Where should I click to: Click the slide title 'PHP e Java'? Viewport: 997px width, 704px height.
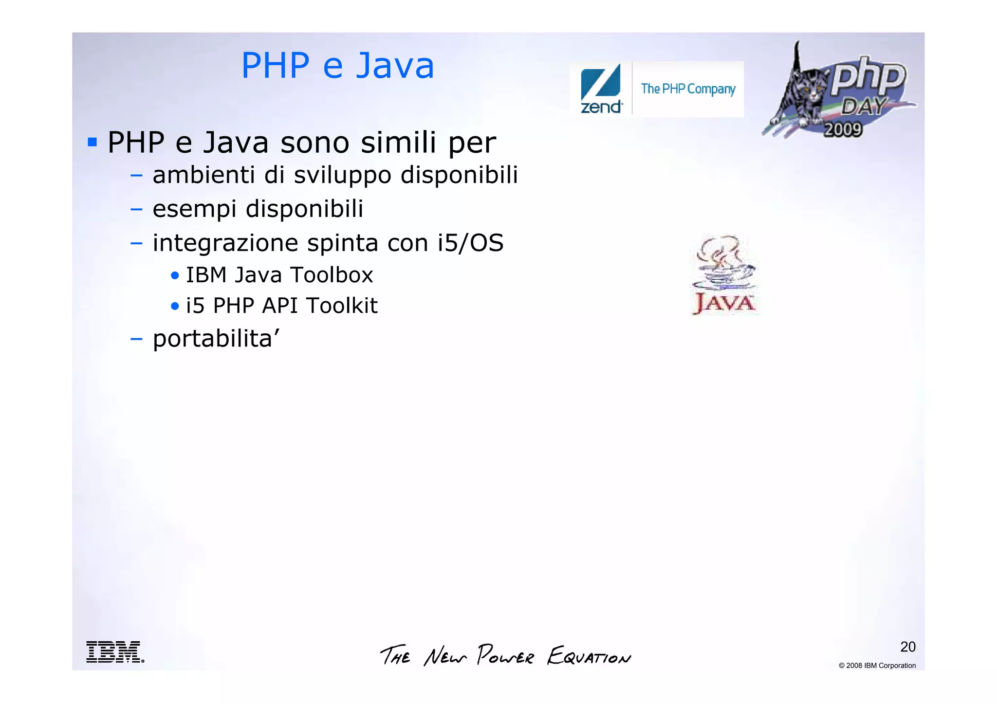[337, 66]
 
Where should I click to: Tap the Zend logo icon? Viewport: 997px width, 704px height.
[601, 88]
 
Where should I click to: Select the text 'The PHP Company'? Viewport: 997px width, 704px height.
[688, 89]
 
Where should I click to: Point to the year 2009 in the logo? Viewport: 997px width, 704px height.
[843, 129]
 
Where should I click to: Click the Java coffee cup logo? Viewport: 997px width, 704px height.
[724, 274]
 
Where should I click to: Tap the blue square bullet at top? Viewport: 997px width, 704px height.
[92, 143]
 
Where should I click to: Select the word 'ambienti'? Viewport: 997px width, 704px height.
[203, 175]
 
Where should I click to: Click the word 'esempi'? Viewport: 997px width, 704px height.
[194, 209]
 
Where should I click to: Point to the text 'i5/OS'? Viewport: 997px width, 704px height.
[470, 243]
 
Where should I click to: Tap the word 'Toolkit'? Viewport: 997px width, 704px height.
[342, 306]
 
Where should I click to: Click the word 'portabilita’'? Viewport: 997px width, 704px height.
[216, 339]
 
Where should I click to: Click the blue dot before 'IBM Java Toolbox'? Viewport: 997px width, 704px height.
[175, 276]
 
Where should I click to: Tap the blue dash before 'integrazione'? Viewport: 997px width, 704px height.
[136, 243]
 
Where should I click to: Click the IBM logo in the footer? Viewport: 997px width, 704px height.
[115, 651]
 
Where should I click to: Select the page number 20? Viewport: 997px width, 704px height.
[907, 647]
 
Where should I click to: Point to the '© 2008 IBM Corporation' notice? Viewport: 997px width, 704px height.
[877, 666]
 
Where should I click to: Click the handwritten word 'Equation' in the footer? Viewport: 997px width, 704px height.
[589, 656]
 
